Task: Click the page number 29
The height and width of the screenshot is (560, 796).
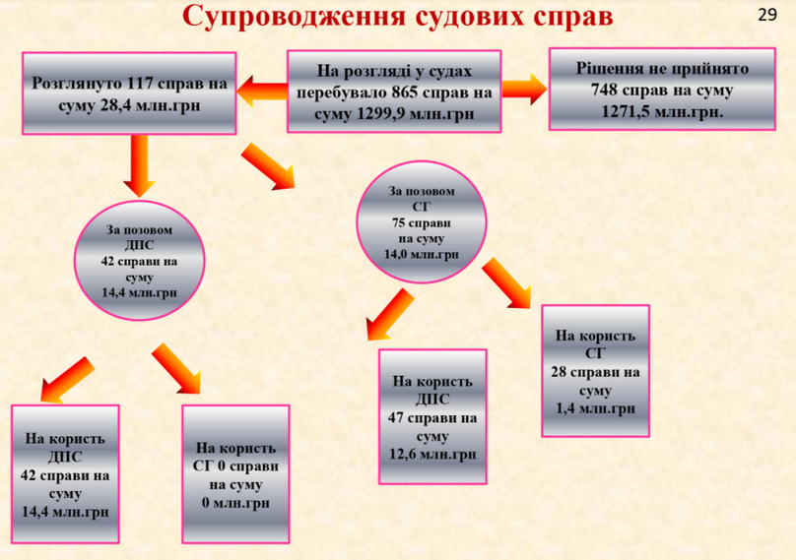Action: click(767, 15)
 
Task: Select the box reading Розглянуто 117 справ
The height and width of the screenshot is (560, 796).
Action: click(130, 94)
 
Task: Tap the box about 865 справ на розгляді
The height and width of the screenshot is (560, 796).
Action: click(394, 92)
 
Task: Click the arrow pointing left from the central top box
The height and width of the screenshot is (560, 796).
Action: click(260, 92)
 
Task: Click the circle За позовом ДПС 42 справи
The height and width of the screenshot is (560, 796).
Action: click(139, 260)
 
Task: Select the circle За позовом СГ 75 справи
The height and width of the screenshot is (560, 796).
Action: click(422, 222)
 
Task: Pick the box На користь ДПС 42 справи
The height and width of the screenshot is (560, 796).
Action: click(64, 474)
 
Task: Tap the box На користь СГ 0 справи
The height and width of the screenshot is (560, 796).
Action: click(235, 474)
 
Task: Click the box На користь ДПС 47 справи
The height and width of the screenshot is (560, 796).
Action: click(433, 417)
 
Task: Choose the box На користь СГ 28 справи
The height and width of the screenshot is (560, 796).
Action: click(596, 371)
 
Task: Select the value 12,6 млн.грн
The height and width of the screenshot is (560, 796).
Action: click(433, 455)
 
